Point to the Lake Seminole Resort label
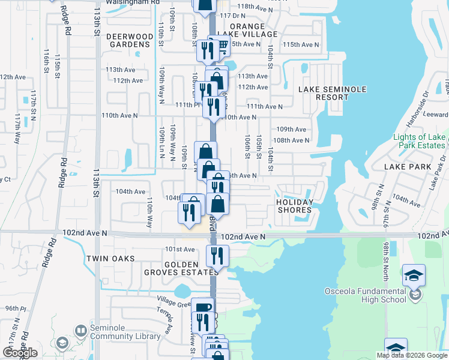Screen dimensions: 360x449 pyautogui.click(x=332, y=93)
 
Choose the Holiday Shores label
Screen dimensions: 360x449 pyautogui.click(x=294, y=206)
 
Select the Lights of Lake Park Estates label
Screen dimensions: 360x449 pyautogui.click(x=419, y=141)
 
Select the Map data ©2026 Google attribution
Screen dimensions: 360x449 pyautogui.click(x=412, y=355)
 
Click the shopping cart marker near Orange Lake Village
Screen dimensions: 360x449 pyautogui.click(x=221, y=45)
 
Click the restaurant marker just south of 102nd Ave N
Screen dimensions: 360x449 pyautogui.click(x=216, y=256)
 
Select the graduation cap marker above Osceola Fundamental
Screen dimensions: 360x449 pyautogui.click(x=414, y=275)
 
